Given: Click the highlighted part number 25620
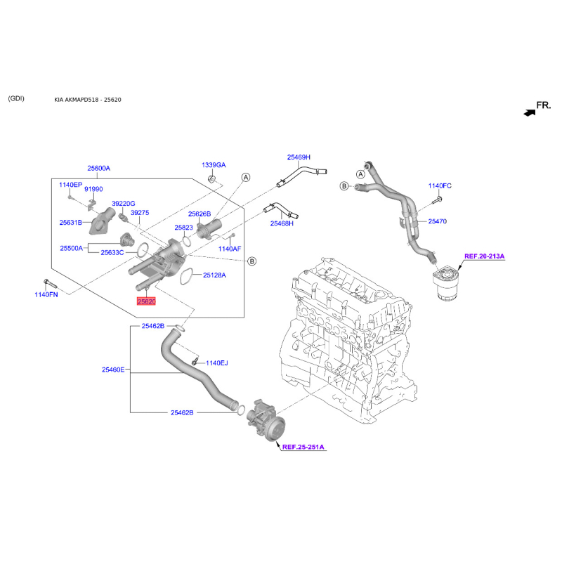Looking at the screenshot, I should (145, 301).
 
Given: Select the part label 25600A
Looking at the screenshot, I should (99, 169).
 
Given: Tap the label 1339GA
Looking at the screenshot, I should (214, 165).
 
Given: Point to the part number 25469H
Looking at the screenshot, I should (298, 157).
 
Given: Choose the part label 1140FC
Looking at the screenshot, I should (440, 186).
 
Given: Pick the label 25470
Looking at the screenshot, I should (437, 221).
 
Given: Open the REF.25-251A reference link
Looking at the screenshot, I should (303, 446).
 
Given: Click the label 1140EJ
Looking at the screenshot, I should (216, 363).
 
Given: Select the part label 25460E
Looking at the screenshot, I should (113, 370).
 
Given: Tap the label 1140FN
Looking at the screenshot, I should (46, 294).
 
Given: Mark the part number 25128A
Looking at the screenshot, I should (214, 275).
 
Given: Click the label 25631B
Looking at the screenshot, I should (71, 223).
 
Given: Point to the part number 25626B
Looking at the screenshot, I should (199, 214).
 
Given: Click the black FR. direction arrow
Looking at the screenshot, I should (528, 112).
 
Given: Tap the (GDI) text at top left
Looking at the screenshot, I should (15, 98).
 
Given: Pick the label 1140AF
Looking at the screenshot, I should (229, 249).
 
